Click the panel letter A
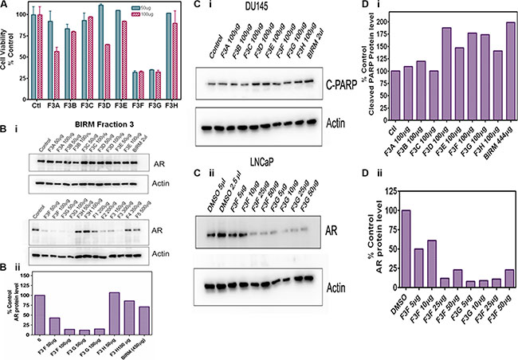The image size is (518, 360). coord(5,6)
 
